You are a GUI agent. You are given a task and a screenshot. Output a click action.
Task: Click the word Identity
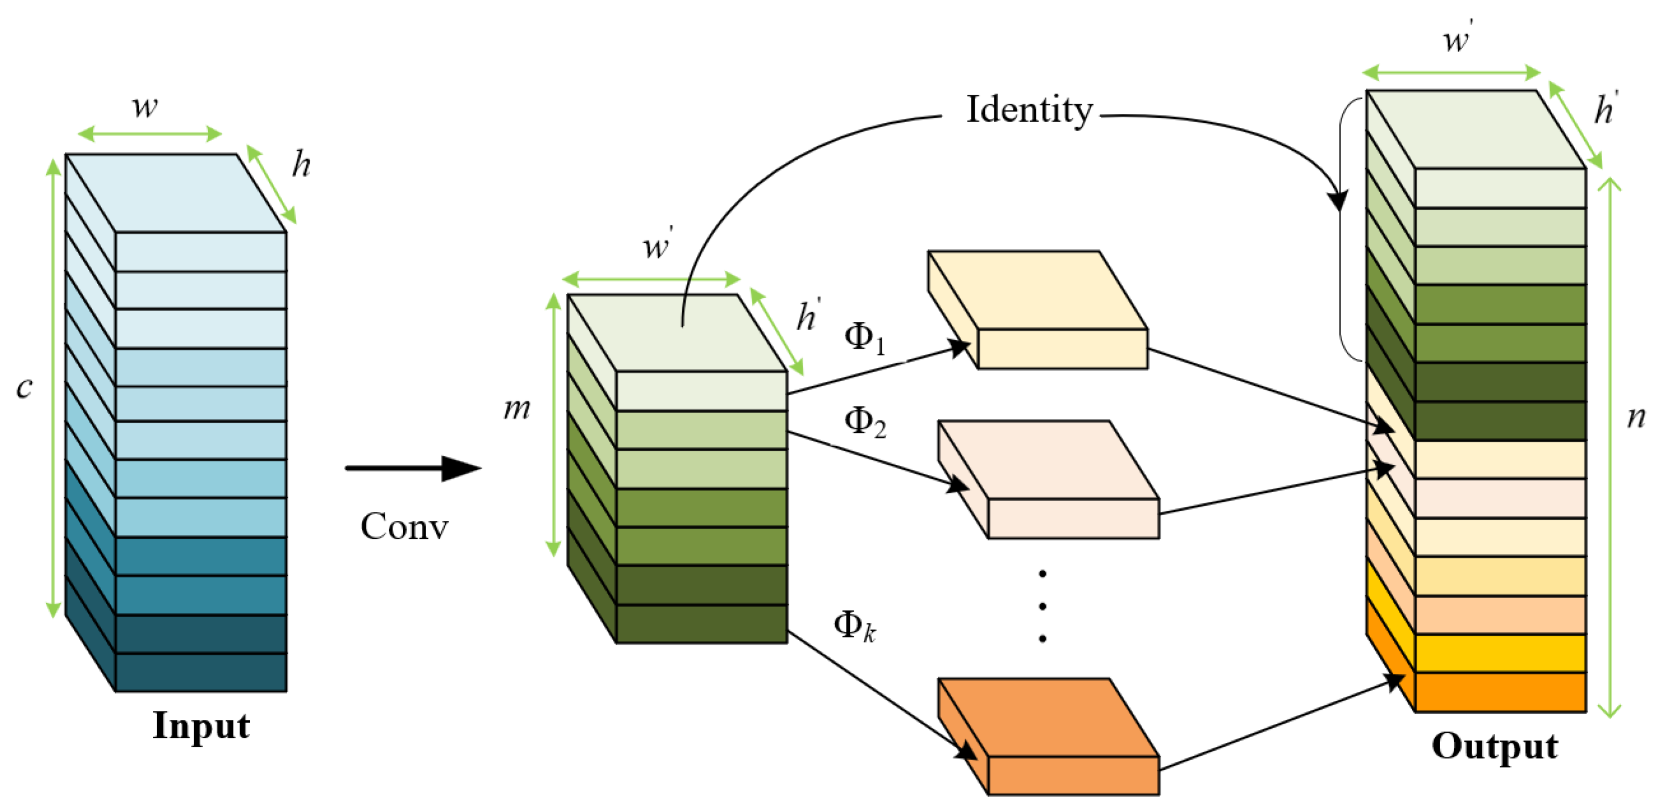[x=1029, y=110]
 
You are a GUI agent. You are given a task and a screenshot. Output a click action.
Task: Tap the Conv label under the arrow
[x=404, y=526]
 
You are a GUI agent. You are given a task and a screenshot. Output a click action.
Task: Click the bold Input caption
[x=201, y=725]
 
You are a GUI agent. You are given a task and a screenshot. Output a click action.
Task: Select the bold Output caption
[x=1494, y=747]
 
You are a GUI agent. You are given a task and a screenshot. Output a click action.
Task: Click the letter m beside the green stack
[x=516, y=408]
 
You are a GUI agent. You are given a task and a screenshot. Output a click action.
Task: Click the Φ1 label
[x=864, y=338]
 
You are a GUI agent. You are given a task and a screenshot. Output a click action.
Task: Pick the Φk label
[x=854, y=626]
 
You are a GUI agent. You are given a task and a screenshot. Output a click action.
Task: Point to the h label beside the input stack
[x=300, y=165]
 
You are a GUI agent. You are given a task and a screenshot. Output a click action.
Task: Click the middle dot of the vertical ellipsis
[x=1042, y=605]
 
